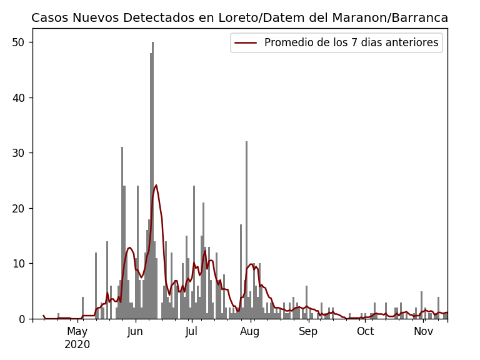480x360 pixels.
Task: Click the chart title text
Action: point(239,18)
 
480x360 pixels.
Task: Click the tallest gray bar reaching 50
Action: point(152,181)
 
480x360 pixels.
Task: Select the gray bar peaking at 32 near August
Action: point(246,231)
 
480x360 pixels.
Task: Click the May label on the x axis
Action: point(77,332)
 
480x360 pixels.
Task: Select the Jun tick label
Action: point(135,332)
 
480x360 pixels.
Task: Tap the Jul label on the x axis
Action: point(192,332)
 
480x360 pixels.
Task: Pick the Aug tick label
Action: point(250,332)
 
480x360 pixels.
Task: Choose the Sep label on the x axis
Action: point(308,332)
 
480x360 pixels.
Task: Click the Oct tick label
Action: point(365,332)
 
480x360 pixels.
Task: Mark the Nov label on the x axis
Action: point(423,332)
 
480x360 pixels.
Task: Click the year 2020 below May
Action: point(77,344)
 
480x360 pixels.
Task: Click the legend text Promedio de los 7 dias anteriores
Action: point(351,43)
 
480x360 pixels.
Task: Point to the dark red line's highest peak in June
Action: point(156,185)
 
